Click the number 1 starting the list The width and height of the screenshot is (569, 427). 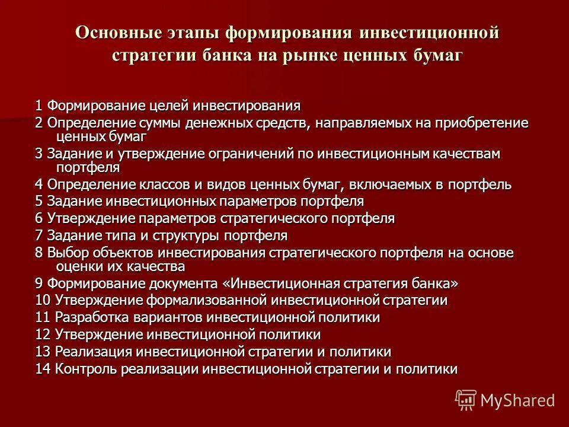tap(39, 106)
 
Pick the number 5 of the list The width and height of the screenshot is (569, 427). tap(39, 201)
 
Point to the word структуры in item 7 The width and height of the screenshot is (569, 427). tap(180, 235)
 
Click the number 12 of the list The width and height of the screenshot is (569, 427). tap(43, 334)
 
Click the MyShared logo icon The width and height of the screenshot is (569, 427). tap(466, 400)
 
